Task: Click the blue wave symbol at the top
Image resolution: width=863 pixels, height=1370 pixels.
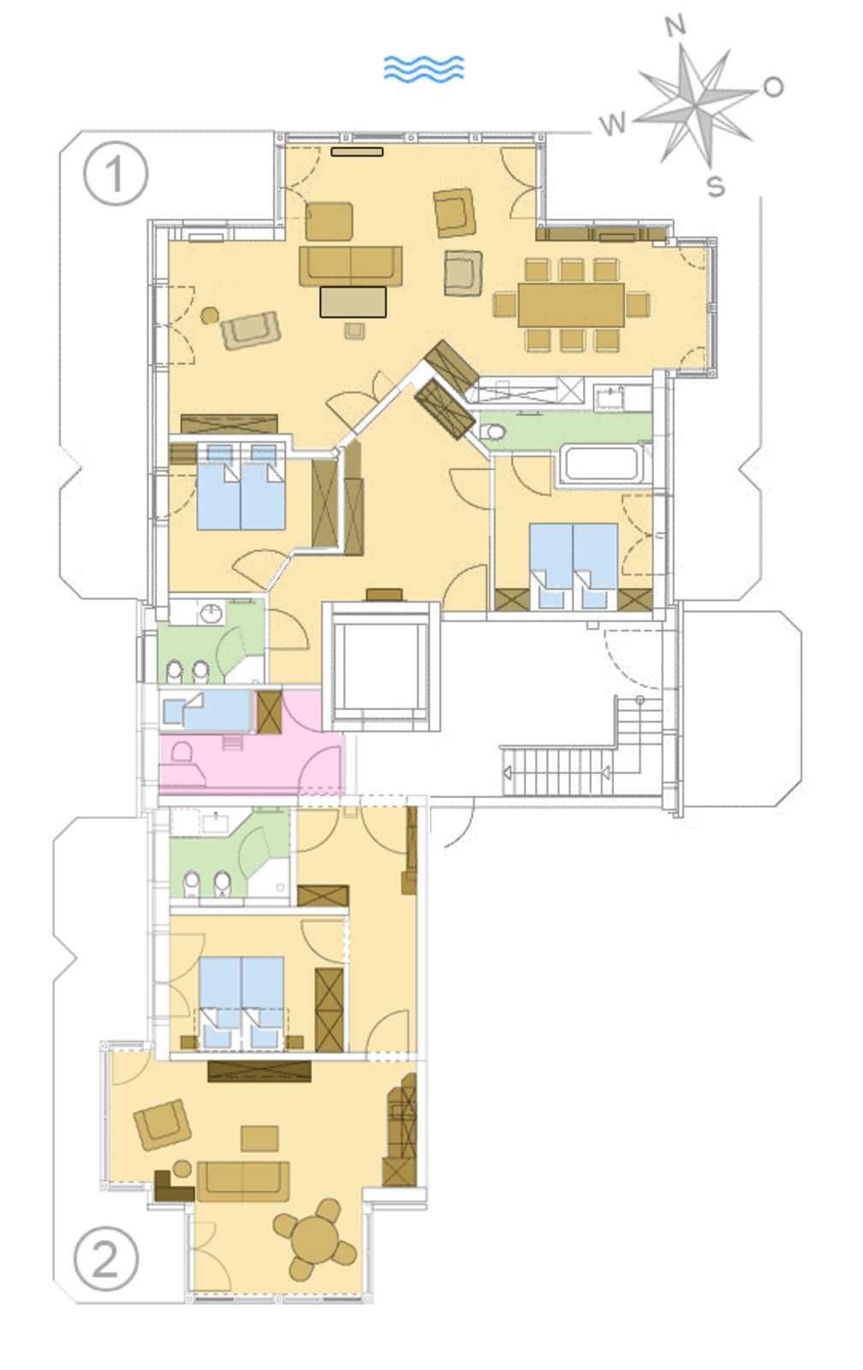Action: (x=423, y=68)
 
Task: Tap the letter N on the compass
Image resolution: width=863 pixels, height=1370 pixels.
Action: (x=676, y=27)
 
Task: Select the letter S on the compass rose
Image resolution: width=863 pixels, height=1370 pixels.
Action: (x=716, y=185)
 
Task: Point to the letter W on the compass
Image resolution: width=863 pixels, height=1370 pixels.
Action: (x=614, y=125)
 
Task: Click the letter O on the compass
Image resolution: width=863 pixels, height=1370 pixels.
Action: (x=773, y=86)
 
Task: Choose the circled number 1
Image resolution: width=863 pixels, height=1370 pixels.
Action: (x=116, y=174)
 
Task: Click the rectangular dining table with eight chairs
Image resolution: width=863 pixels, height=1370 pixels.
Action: (x=571, y=305)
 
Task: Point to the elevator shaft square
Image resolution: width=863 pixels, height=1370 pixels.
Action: (x=381, y=665)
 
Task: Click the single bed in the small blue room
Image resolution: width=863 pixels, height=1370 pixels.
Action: (x=206, y=710)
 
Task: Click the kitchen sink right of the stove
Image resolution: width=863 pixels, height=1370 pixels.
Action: (x=610, y=398)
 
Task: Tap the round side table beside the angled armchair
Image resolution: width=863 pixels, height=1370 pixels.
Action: (x=210, y=315)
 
